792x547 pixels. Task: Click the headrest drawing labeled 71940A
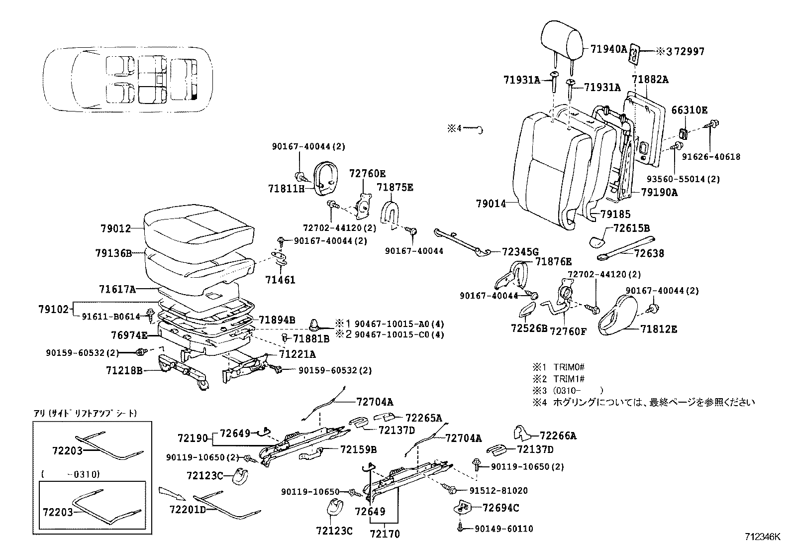[x=562, y=37]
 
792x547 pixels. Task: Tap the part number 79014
[x=491, y=204]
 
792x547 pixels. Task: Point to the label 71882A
[x=650, y=79]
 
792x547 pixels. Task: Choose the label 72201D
[x=187, y=510]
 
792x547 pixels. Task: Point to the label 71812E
[x=658, y=329]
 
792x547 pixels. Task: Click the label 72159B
[x=358, y=449]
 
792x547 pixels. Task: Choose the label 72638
[x=650, y=253]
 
